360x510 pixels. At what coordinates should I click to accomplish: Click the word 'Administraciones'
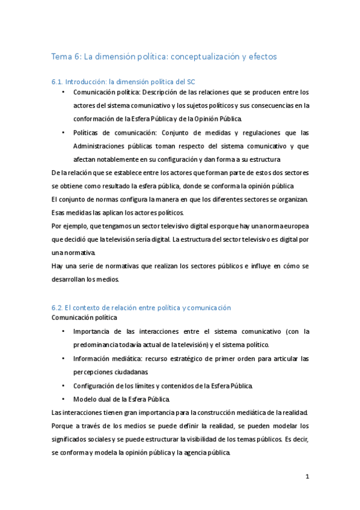tap(100, 146)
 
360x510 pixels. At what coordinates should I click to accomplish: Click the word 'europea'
tap(294, 225)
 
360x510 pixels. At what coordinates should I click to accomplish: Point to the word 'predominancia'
tap(98, 345)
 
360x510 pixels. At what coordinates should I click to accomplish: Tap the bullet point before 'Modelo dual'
tap(64, 399)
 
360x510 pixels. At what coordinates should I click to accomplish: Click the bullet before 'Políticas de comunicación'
tap(64, 133)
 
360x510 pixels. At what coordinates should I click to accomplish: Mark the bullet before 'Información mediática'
tap(64, 358)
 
